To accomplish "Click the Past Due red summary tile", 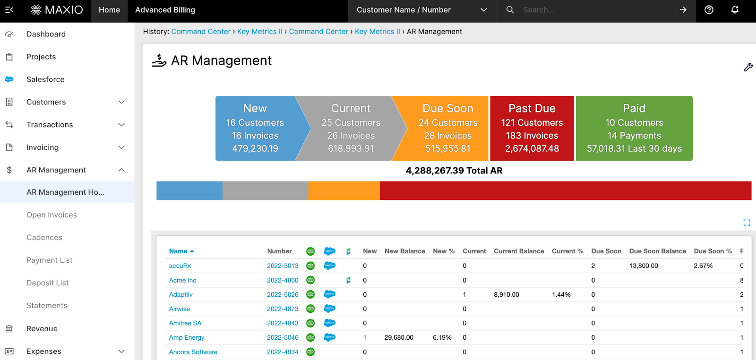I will [532, 129].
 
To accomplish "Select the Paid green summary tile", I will [634, 129].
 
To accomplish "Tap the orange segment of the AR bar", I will [344, 191].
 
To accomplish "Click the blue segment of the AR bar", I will [189, 191].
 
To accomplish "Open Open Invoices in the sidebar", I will [52, 215].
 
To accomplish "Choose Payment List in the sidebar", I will [49, 260].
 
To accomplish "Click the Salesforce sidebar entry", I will [45, 79].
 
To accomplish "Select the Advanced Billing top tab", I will [165, 10].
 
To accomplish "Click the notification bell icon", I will [735, 10].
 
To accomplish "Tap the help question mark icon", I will [709, 10].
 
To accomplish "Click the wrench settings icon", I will [748, 68].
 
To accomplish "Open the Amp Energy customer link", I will [187, 337].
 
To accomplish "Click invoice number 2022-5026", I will [283, 294].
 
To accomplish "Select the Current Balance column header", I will [519, 251].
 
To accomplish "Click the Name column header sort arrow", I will [192, 251].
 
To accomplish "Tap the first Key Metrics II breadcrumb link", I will [259, 32].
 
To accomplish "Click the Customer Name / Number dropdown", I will [421, 10].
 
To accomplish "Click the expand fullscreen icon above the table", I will [747, 223].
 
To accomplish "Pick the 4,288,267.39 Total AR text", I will [454, 171].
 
